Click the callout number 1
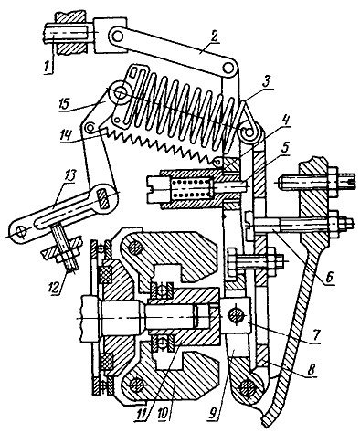(x=47, y=67)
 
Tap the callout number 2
(x=214, y=37)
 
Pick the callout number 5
(x=284, y=149)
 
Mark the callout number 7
(x=315, y=335)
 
